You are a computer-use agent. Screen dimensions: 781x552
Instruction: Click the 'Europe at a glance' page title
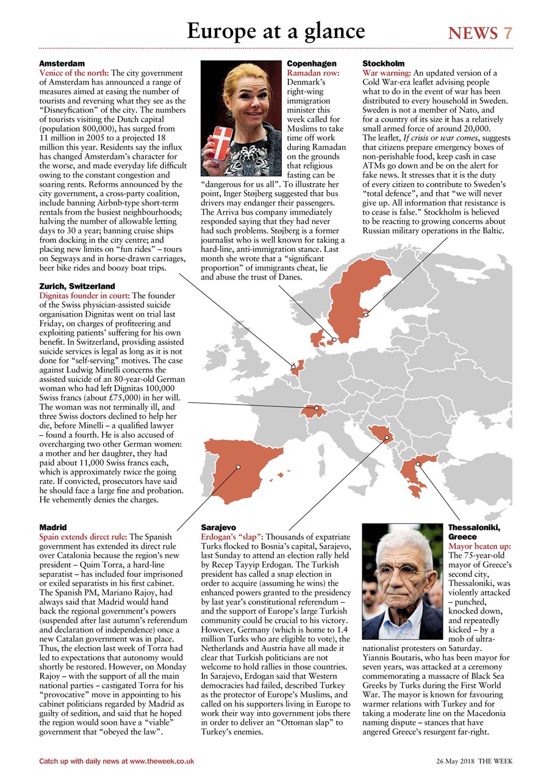[x=276, y=31]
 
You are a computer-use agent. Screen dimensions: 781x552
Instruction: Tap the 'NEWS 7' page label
[x=480, y=34]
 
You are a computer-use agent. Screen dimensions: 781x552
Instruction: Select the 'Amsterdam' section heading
[x=62, y=63]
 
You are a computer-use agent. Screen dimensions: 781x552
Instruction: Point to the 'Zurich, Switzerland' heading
[x=77, y=286]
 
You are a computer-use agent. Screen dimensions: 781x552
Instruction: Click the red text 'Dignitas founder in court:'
[x=84, y=295]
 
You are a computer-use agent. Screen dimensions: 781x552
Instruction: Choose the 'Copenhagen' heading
[x=311, y=63]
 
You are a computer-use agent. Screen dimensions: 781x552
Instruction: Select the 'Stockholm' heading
[x=383, y=63]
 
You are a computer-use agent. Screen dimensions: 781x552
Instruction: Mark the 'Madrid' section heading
[x=52, y=527]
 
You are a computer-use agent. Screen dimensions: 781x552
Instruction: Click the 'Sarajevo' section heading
[x=218, y=527]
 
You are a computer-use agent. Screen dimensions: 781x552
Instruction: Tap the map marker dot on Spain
[x=238, y=467]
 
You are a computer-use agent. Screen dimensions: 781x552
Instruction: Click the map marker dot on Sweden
[x=366, y=315]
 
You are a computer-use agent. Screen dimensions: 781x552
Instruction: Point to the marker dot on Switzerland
[x=317, y=408]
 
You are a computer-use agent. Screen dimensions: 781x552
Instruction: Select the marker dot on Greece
[x=418, y=464]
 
